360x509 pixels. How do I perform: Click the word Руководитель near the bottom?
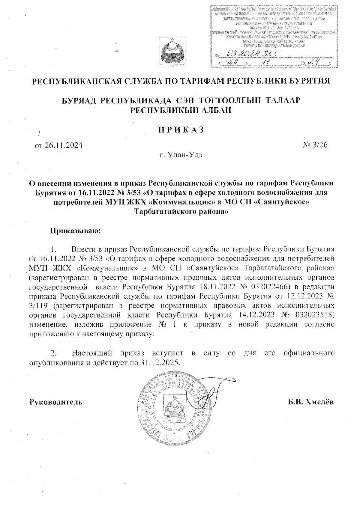click(56, 402)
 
